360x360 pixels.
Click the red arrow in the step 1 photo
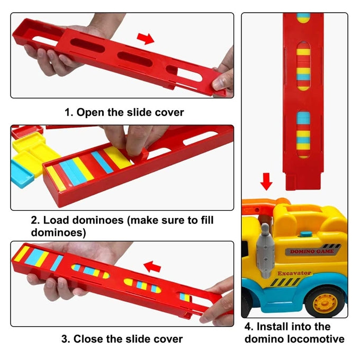click(x=146, y=39)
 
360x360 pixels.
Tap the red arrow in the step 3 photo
click(x=152, y=266)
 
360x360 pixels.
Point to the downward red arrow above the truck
click(x=266, y=182)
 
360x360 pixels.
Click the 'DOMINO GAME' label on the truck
click(x=312, y=251)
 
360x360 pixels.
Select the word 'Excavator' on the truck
click(x=294, y=273)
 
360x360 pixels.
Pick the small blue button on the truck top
click(x=306, y=235)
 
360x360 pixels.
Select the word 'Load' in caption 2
click(x=56, y=220)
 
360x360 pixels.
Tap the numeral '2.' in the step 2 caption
click(x=35, y=220)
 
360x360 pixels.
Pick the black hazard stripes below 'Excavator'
click(x=284, y=282)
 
